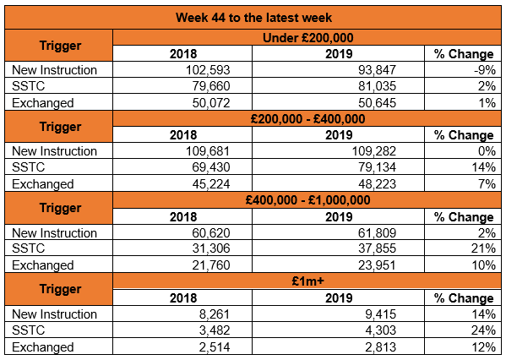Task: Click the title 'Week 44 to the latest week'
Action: (253, 18)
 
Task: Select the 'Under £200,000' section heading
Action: (307, 38)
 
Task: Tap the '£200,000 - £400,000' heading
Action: (307, 119)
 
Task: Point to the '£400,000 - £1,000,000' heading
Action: (307, 200)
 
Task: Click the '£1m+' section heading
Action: (307, 281)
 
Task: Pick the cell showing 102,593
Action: (208, 70)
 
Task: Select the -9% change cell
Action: (485, 70)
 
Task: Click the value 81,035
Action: (377, 86)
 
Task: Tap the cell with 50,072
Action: (211, 103)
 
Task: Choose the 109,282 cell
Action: (373, 151)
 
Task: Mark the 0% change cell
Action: (487, 151)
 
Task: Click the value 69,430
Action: (211, 167)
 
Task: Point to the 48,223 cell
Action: (377, 184)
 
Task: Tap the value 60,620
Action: (211, 233)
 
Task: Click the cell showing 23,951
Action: (377, 265)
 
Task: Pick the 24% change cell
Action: (484, 330)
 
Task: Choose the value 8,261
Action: (215, 314)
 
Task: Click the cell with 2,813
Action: (380, 347)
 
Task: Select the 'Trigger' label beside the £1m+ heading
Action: (60, 289)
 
